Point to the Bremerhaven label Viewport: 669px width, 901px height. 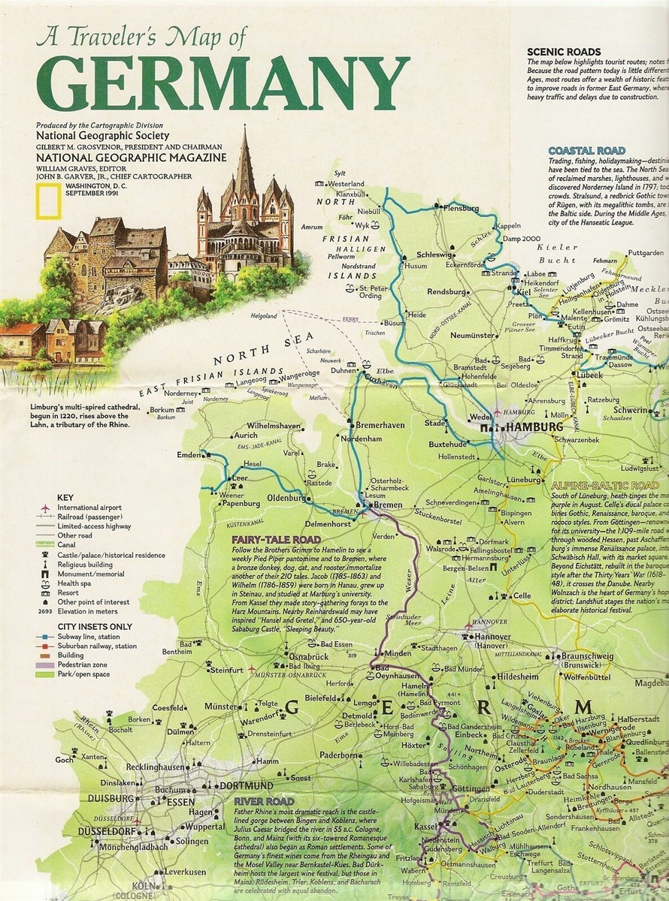pyautogui.click(x=380, y=424)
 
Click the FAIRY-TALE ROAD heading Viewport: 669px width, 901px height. pyautogui.click(x=276, y=539)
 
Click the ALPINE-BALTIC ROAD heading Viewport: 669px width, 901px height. pyautogui.click(x=605, y=486)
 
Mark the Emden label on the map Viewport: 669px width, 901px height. pyautogui.click(x=189, y=455)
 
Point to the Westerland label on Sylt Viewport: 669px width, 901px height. pyautogui.click(x=347, y=183)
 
